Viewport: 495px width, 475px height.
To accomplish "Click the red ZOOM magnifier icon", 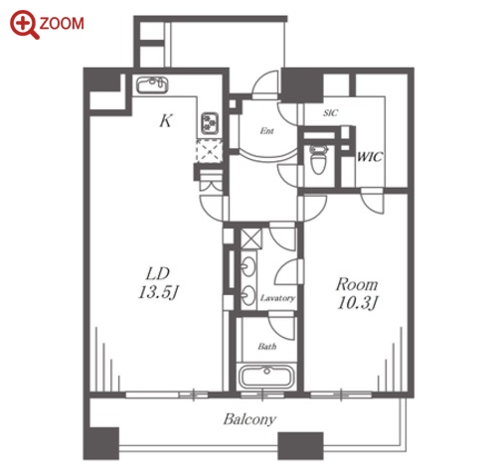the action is [24, 25].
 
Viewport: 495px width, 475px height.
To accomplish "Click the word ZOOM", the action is [62, 24].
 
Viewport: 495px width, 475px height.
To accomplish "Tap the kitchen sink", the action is [152, 85].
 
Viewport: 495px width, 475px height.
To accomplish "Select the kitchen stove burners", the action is [210, 123].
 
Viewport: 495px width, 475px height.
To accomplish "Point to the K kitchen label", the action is [166, 120].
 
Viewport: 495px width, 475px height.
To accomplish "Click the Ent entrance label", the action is [266, 131].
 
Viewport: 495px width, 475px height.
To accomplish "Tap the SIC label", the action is [330, 113].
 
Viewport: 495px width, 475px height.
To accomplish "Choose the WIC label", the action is [370, 156].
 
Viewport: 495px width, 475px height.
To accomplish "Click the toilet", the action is [318, 159].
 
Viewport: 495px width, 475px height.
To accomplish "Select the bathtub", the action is [266, 376].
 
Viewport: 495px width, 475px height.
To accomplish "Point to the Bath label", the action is [267, 347].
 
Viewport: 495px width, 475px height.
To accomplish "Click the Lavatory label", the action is [277, 298].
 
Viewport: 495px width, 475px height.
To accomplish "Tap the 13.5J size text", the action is [159, 292].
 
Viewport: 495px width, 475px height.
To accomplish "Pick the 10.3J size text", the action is [358, 303].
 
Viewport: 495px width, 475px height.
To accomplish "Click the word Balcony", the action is [249, 419].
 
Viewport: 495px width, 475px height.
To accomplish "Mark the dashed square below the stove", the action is [209, 151].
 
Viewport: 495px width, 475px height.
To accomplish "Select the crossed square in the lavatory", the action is [250, 238].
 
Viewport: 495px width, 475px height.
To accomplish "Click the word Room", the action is [357, 284].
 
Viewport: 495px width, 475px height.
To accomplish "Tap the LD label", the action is [158, 273].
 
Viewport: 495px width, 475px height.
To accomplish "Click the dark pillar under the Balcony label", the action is [300, 445].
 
